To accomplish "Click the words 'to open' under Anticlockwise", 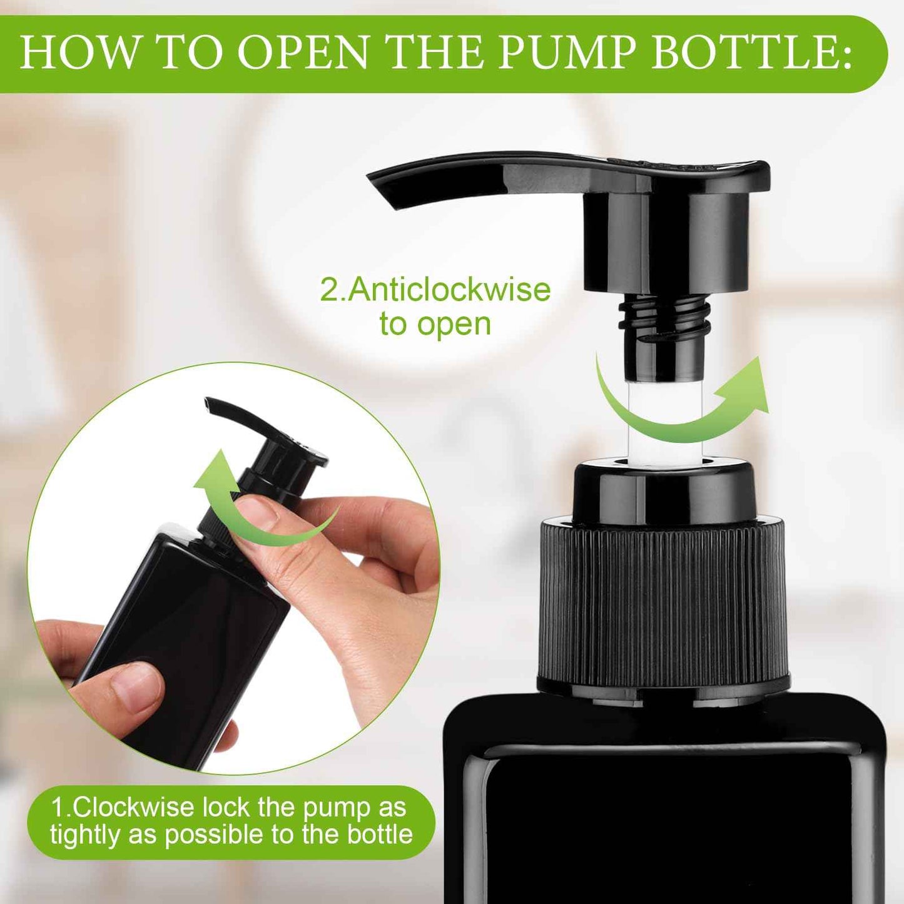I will coord(435,324).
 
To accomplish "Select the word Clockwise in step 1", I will coord(133,807).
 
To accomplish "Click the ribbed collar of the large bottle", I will coord(663,604).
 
